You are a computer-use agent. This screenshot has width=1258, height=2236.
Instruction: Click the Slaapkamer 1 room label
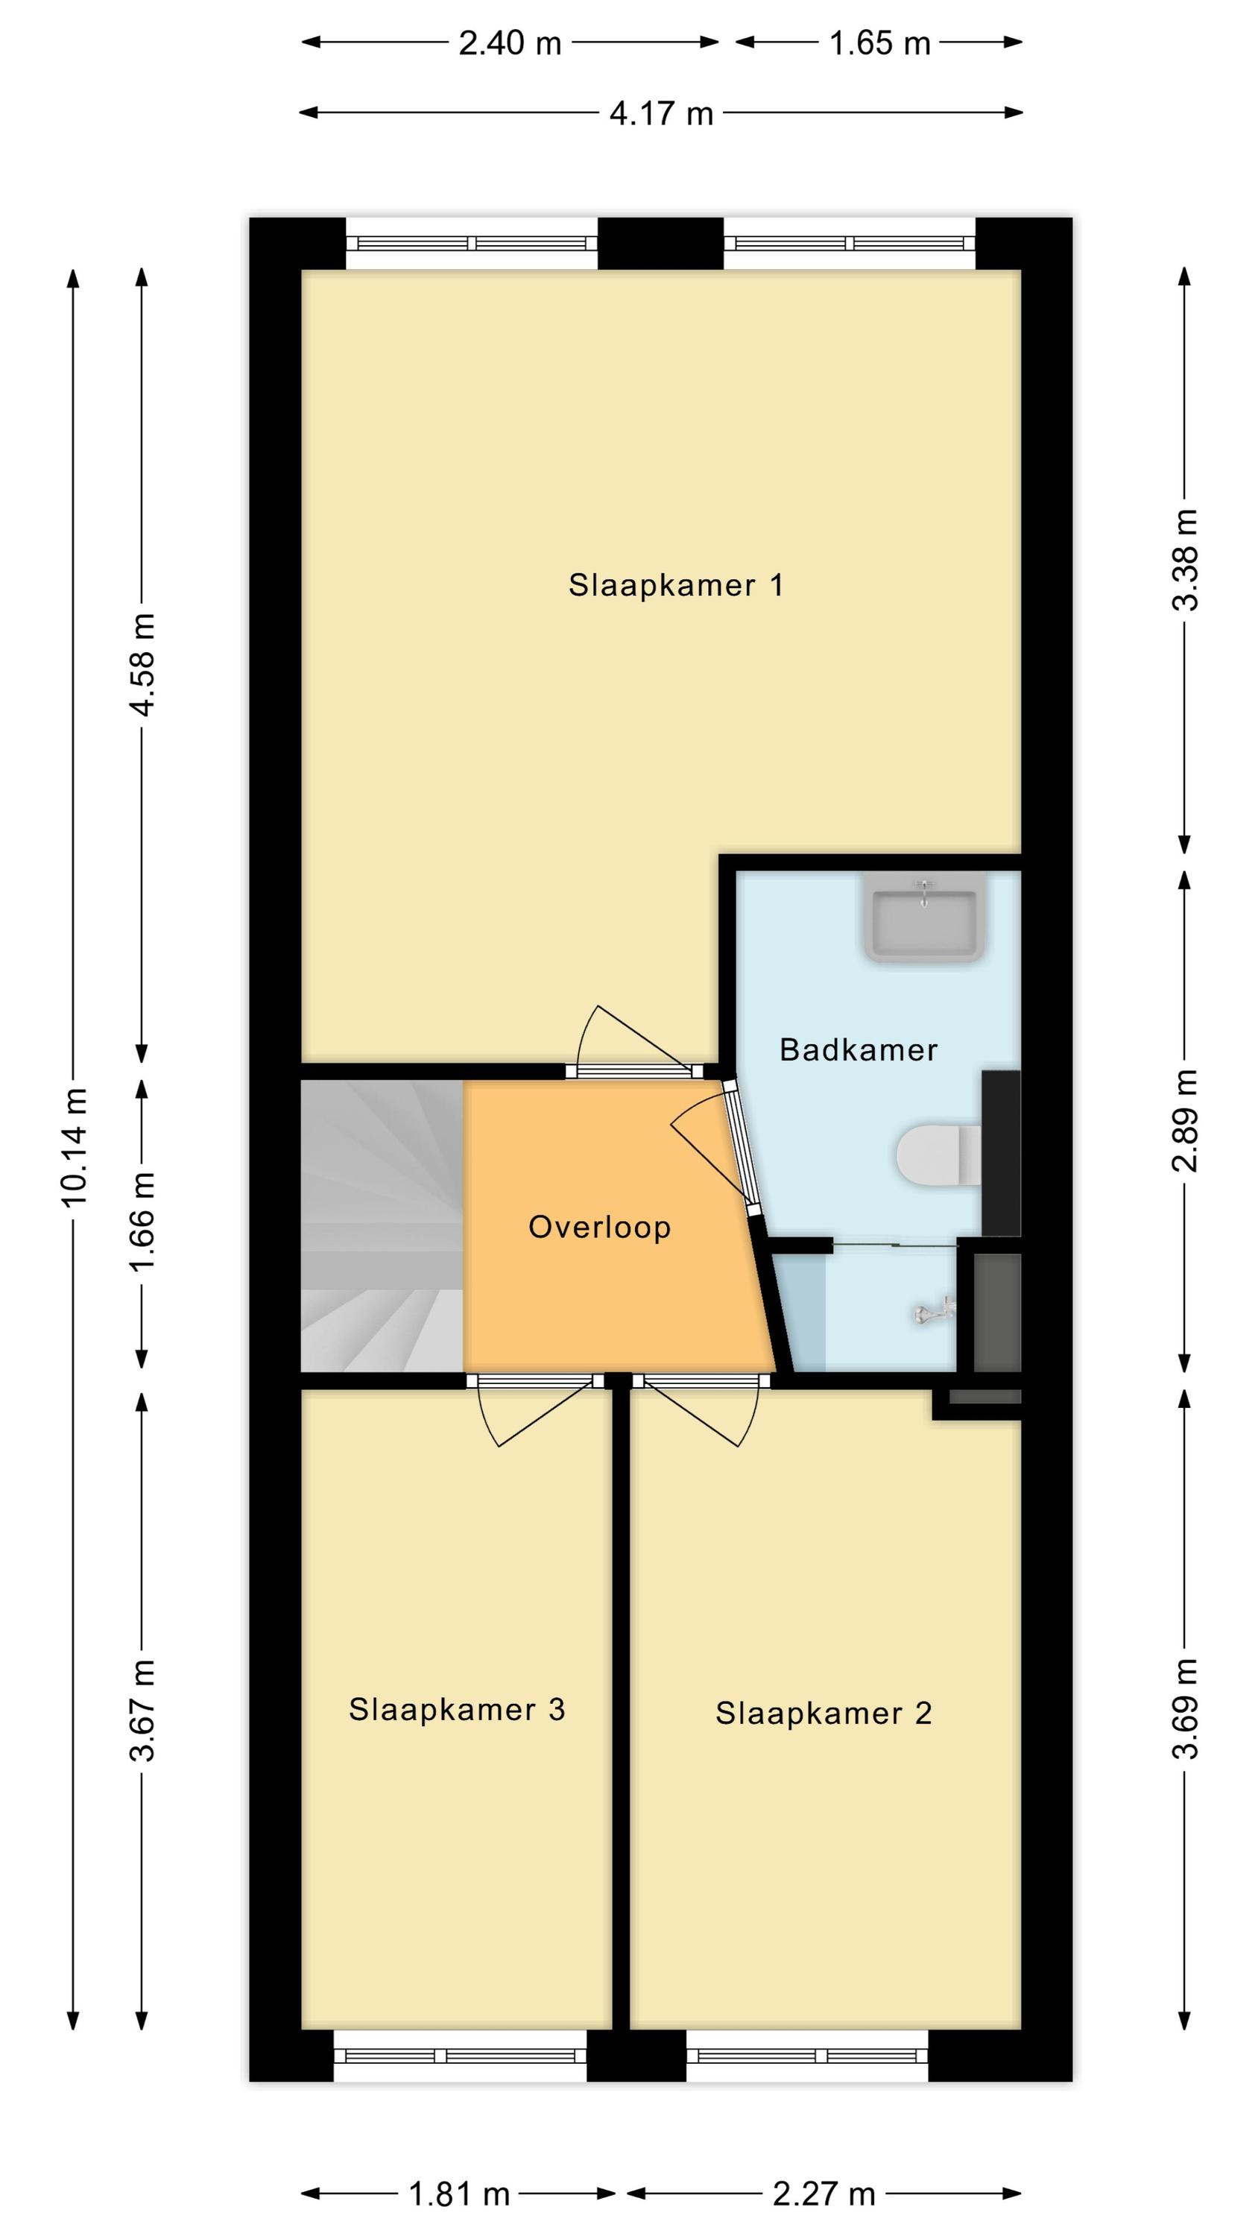click(x=675, y=585)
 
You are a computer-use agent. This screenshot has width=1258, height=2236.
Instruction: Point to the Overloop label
click(x=599, y=1227)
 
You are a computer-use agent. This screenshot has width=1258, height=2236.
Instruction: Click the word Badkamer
click(x=859, y=1049)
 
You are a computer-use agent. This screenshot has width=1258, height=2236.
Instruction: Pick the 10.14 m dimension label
click(x=75, y=1146)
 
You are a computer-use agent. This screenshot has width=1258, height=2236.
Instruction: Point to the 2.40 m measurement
click(x=510, y=42)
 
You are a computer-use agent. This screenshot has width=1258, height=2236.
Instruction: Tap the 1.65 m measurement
click(x=879, y=42)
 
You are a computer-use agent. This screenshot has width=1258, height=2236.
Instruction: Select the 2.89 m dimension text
click(x=1186, y=1119)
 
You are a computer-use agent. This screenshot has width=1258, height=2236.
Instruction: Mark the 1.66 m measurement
click(x=142, y=1222)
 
